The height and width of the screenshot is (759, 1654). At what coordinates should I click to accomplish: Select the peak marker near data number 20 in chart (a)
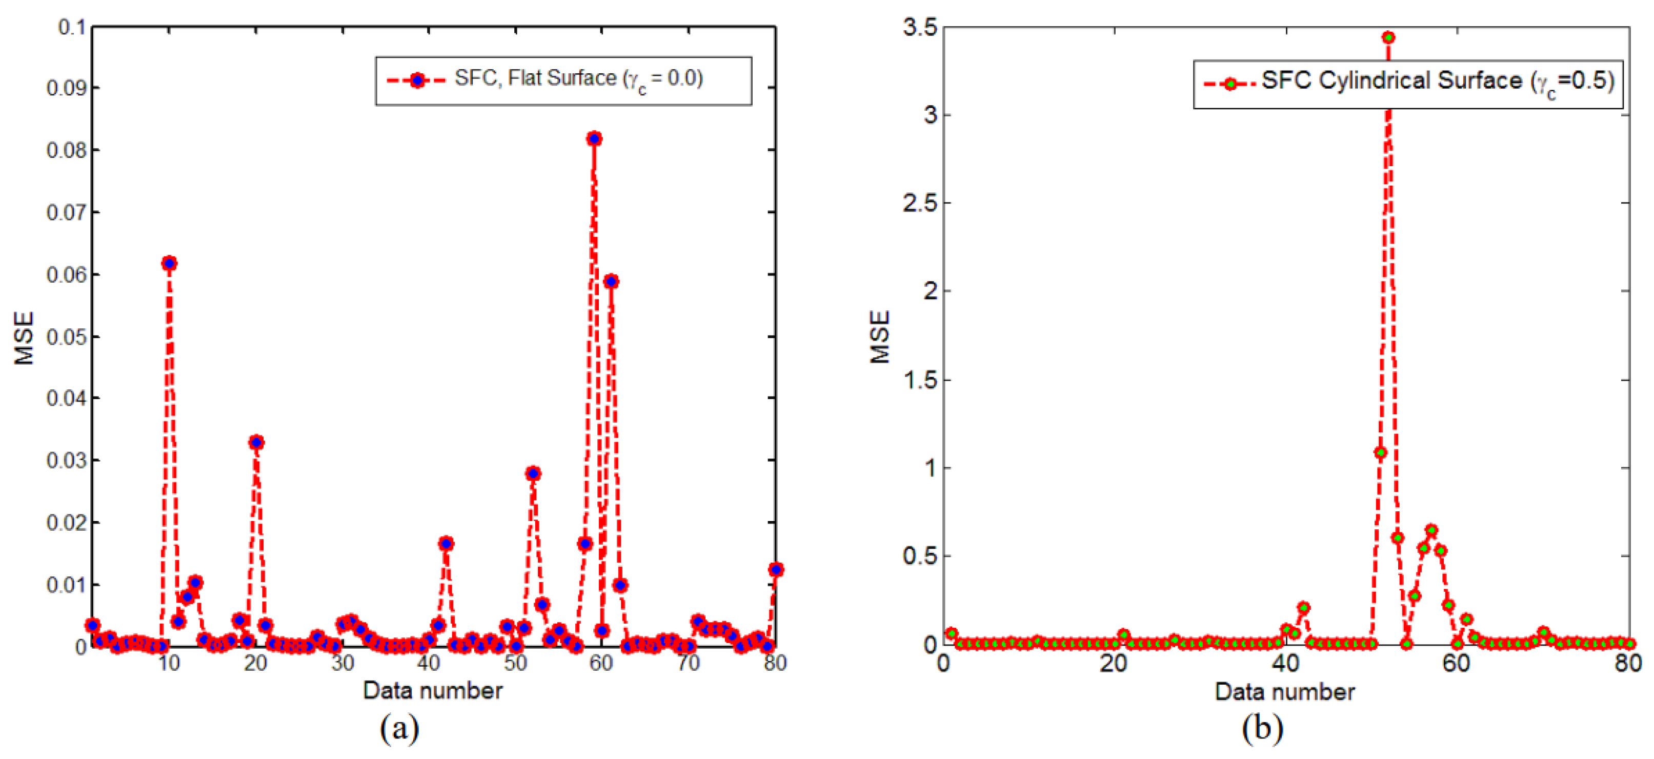256,443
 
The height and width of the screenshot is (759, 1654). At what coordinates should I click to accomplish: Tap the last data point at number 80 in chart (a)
776,570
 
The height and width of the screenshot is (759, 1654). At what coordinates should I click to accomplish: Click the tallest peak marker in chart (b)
1388,37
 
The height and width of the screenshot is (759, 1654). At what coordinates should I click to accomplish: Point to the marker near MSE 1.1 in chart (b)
1380,453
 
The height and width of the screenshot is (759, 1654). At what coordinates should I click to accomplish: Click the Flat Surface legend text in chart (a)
578,79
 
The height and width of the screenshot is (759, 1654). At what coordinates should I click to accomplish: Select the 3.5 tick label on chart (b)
919,27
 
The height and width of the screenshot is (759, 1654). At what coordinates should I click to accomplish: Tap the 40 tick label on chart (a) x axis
428,663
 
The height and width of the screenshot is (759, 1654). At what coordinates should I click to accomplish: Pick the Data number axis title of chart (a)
432,690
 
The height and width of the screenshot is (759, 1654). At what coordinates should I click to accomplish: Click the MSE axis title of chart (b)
880,336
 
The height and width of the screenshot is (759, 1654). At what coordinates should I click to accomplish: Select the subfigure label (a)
399,729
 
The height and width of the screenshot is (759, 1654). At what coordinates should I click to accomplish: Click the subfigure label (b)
1262,729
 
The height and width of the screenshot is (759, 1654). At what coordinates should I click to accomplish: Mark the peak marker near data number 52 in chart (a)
533,473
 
